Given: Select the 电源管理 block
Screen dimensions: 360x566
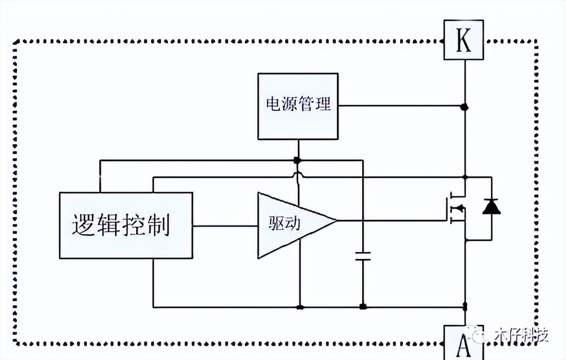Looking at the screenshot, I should point(298,106).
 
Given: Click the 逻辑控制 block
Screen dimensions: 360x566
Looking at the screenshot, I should point(125,225).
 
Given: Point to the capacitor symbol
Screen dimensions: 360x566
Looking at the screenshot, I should point(363,257).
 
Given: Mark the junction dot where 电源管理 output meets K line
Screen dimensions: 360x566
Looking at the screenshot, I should point(465,107).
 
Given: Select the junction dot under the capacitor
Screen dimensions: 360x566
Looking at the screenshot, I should point(363,307).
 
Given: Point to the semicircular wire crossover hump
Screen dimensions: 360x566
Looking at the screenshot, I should point(298,175).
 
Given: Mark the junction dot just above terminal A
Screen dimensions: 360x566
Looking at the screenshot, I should point(465,306).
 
